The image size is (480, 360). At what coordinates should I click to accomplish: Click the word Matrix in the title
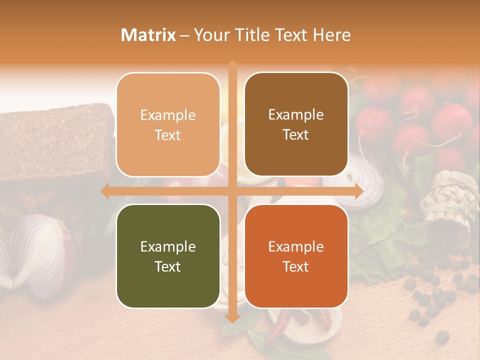148,35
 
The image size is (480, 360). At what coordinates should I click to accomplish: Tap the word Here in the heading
332,35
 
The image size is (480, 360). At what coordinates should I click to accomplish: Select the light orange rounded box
168,124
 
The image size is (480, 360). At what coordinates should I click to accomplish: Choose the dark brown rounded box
296,124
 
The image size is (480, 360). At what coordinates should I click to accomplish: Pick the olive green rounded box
168,256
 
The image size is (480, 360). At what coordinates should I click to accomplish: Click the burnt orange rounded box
296,256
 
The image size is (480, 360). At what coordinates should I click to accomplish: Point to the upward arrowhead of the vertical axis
232,64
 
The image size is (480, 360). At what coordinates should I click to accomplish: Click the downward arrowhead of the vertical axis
232,318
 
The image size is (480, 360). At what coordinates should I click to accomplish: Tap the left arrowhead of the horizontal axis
104,191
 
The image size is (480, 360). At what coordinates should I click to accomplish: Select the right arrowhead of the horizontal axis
359,191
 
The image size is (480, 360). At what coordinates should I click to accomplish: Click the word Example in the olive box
168,246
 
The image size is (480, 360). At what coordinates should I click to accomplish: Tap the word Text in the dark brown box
296,135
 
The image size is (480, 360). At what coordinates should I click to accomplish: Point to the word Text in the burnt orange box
296,266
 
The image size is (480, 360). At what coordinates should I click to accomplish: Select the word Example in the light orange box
168,115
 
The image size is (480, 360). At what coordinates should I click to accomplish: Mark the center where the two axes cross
232,191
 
